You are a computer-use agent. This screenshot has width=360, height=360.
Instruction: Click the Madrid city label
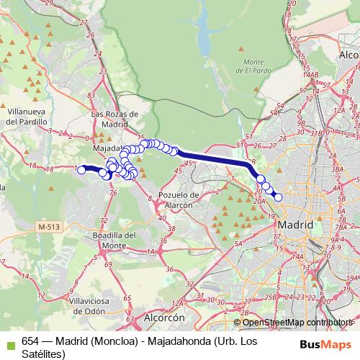click(x=295, y=225)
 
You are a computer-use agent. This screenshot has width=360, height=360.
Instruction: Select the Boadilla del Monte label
click(x=115, y=240)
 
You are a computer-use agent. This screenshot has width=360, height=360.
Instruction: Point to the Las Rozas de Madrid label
click(x=109, y=118)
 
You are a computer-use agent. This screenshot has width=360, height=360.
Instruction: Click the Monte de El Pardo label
click(x=257, y=66)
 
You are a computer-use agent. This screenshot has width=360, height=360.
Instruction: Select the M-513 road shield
click(x=49, y=226)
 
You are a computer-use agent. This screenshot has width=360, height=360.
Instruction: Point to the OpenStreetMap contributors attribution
click(x=294, y=322)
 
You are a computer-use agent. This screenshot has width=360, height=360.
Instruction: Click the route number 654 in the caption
click(x=31, y=343)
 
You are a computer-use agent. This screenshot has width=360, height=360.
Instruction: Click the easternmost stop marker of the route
click(x=278, y=197)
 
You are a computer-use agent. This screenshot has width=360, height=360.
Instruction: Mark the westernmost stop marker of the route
click(x=81, y=170)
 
